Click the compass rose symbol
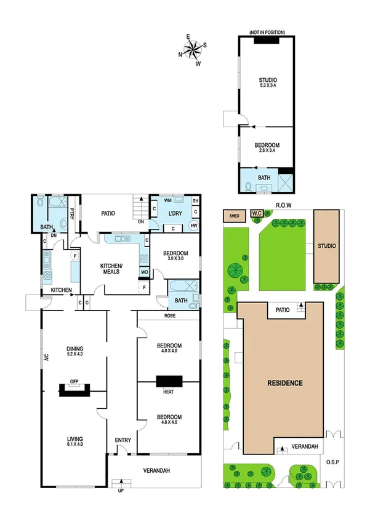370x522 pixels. point(193,50)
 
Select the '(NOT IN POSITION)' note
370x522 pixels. point(267,31)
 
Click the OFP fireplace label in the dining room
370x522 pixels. point(74,381)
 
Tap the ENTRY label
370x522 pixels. point(123,440)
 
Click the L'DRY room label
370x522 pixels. point(177,214)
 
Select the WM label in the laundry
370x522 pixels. point(167,201)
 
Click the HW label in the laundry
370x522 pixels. point(195,226)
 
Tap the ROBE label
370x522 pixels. point(171,315)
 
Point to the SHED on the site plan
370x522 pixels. point(234,216)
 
